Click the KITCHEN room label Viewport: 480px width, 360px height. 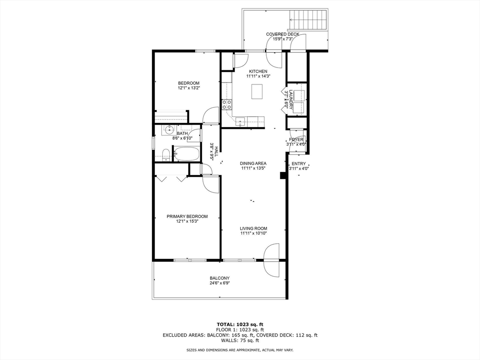258,71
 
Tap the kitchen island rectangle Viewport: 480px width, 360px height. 257,91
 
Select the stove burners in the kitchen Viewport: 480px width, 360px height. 227,104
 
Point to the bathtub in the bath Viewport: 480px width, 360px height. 187,153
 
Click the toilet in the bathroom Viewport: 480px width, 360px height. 165,153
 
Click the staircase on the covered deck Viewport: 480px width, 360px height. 308,20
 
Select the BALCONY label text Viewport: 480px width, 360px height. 219,278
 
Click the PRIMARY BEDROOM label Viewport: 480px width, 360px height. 187,217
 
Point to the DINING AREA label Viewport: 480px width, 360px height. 254,164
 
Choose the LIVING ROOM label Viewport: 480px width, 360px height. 254,228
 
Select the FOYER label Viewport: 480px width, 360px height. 296,140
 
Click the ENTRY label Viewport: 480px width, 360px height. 299,164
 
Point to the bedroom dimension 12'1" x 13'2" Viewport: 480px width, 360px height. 188,88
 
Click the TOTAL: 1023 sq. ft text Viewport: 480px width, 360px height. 240,324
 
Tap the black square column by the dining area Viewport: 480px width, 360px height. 283,175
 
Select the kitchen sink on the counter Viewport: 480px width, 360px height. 240,121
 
